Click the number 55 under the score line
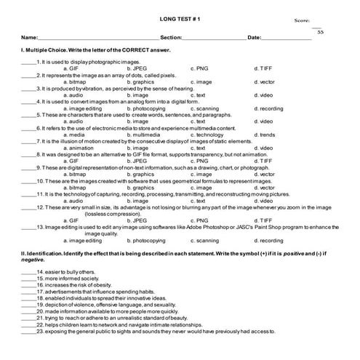320,32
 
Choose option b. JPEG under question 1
137,68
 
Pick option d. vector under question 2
265,81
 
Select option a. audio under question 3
76,95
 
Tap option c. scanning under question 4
204,108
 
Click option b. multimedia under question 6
143,135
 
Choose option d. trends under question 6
265,135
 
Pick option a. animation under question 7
79,148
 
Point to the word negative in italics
33,260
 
